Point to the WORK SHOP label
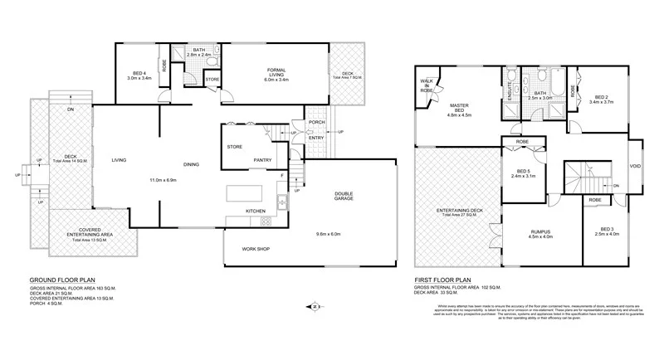click(x=258, y=249)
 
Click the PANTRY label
click(x=264, y=160)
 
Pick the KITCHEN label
click(x=255, y=212)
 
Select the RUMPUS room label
click(x=540, y=231)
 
